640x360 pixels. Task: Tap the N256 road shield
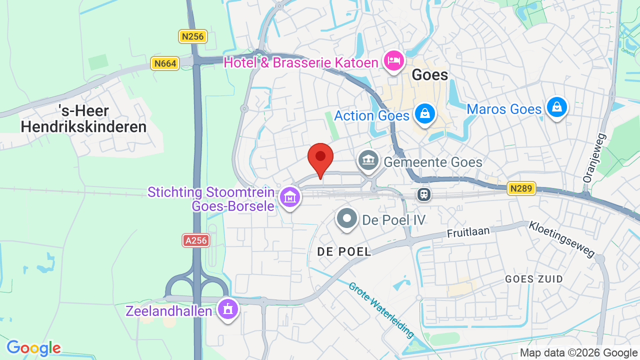pyautogui.click(x=193, y=36)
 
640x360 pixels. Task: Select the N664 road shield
pyautogui.click(x=165, y=63)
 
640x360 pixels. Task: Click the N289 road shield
pyautogui.click(x=521, y=188)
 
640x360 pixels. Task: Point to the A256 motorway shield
pyautogui.click(x=195, y=240)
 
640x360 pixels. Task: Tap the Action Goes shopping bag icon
pyautogui.click(x=424, y=114)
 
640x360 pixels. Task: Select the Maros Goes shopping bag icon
pyautogui.click(x=556, y=107)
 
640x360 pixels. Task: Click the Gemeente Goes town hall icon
pyautogui.click(x=368, y=160)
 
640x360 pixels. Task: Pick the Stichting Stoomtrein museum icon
pyautogui.click(x=290, y=197)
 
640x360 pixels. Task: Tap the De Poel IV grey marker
pyautogui.click(x=347, y=218)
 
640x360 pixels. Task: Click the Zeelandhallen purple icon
pyautogui.click(x=228, y=309)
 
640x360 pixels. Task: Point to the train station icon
pyautogui.click(x=424, y=194)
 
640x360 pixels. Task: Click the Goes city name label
pyautogui.click(x=429, y=75)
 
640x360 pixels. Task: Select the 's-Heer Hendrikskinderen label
pyautogui.click(x=83, y=118)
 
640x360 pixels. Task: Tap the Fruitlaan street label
pyautogui.click(x=468, y=232)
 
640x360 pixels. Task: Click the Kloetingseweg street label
pyautogui.click(x=562, y=240)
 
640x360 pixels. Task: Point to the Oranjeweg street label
pyautogui.click(x=594, y=157)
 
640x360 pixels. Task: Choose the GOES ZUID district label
pyautogui.click(x=534, y=279)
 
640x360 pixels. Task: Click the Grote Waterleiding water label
pyautogui.click(x=381, y=310)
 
